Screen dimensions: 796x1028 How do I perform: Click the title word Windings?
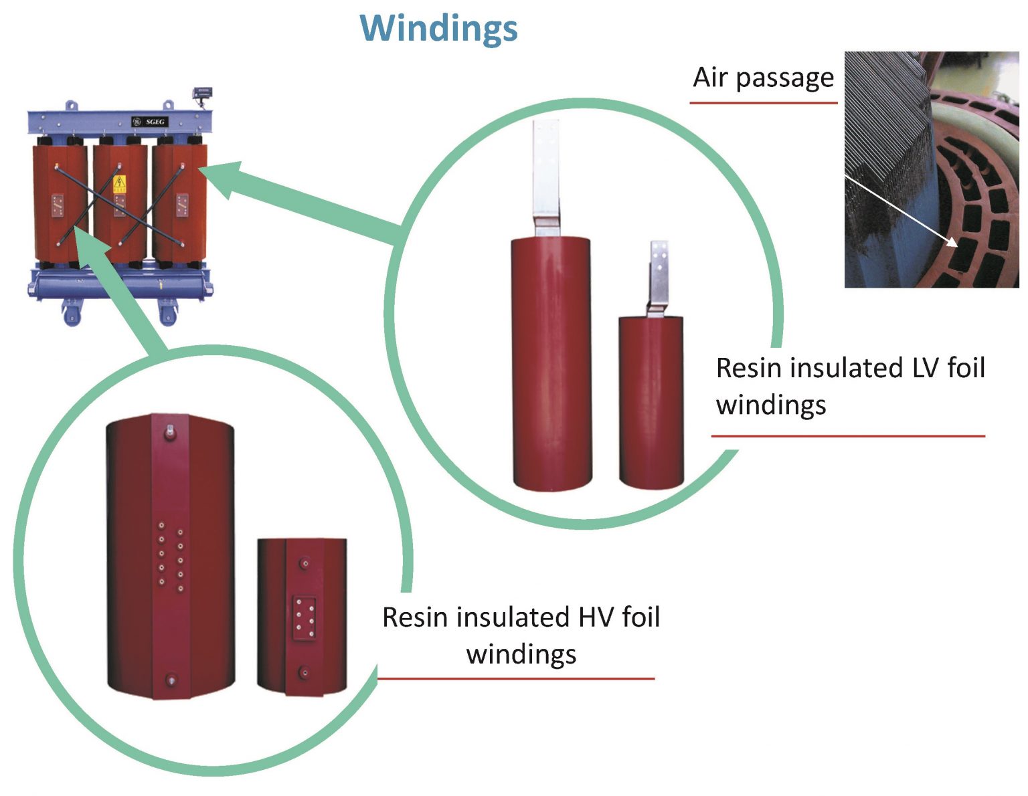(439, 28)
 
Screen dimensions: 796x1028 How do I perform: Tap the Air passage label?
(763, 78)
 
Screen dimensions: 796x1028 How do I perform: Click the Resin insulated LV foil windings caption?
(849, 386)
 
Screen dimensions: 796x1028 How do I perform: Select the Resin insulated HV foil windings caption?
(521, 635)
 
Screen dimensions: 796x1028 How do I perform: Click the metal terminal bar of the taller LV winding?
(545, 174)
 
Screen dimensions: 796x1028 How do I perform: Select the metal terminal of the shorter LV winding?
(659, 274)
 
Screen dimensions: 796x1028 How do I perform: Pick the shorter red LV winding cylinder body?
(651, 401)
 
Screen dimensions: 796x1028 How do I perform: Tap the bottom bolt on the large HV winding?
(171, 681)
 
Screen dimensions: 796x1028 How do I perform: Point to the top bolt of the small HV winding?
(305, 564)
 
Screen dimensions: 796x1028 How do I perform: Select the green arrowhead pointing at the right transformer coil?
(221, 177)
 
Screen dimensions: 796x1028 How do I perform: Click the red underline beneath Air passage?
(763, 103)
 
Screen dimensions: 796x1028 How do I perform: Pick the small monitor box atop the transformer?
(202, 92)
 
